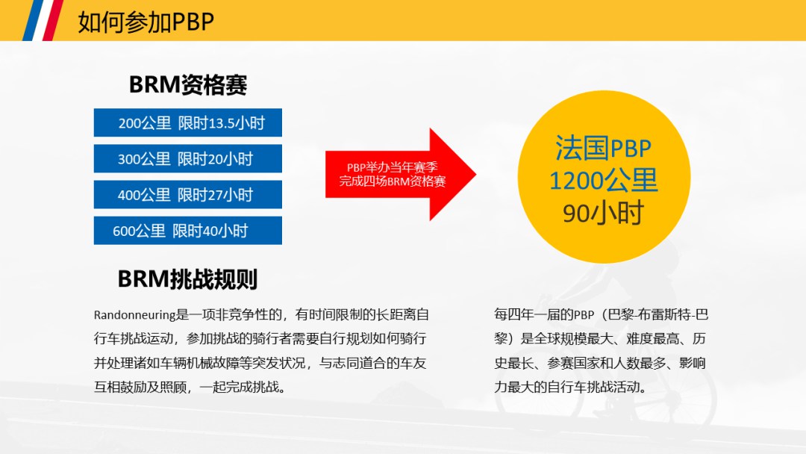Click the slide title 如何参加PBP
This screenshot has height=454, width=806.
point(146,22)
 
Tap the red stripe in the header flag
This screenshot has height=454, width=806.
point(53,20)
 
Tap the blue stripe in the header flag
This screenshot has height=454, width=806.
point(32,20)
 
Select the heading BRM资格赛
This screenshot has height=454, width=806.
point(188,84)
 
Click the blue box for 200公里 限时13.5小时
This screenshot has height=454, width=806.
point(187,122)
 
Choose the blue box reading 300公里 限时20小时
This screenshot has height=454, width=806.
point(187,158)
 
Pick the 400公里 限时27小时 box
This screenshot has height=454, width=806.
point(187,194)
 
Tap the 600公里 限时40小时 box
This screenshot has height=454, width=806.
point(187,230)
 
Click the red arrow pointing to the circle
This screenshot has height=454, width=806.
point(401,174)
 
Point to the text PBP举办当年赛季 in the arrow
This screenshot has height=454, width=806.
point(393,167)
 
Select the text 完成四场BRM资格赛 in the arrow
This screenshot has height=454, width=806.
point(393,181)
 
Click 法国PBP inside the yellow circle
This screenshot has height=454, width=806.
point(604,148)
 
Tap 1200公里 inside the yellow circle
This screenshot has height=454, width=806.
point(604,181)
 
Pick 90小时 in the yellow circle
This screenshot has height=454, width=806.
point(604,213)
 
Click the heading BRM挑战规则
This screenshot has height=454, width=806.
point(187,279)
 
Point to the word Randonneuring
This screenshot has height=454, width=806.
point(134,314)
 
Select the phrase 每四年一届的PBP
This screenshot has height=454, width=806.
point(544,314)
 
